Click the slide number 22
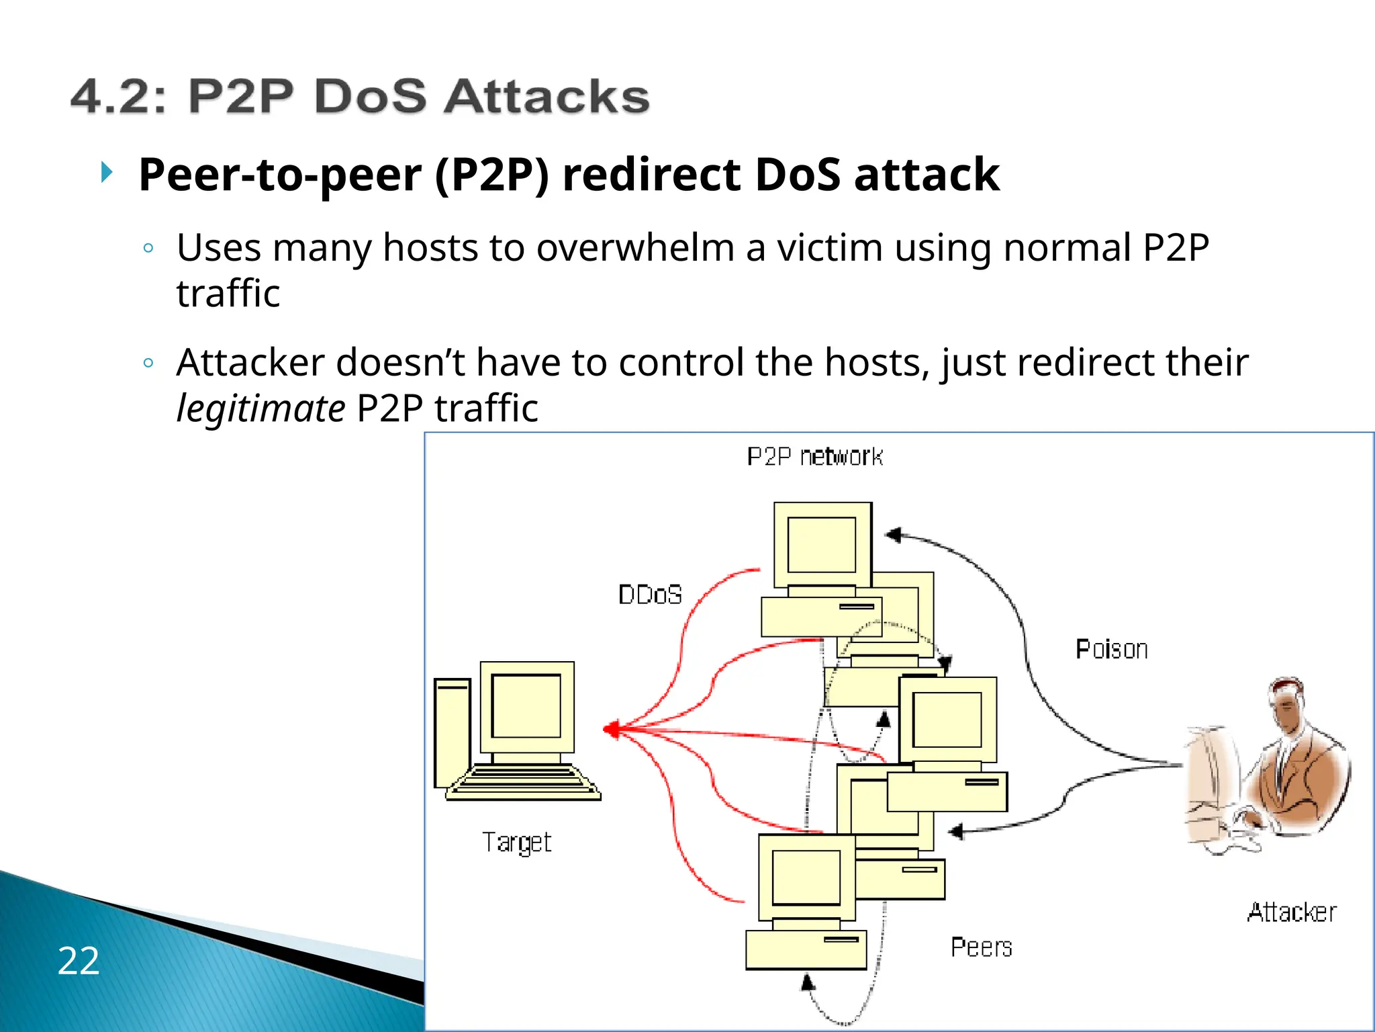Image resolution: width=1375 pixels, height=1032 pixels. point(79,960)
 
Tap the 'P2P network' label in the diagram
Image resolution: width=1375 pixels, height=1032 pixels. point(814,457)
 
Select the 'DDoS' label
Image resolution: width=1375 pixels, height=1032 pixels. point(650,595)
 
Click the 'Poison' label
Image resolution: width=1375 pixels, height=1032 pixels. point(1111,649)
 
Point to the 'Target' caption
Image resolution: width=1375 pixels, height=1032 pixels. point(516,843)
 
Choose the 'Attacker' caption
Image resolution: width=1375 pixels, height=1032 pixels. point(1291,912)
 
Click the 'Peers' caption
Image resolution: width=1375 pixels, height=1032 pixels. point(981,947)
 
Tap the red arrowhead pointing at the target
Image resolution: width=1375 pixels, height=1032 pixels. point(611,730)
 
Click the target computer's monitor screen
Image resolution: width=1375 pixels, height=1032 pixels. point(526,705)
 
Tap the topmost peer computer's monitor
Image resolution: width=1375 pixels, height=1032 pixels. point(822,544)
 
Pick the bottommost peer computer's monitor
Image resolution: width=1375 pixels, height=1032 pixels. point(806,877)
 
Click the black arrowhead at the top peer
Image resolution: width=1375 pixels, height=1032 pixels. point(894,535)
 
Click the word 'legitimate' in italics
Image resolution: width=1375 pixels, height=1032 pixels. point(260,408)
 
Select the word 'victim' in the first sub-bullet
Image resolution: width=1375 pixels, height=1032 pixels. point(830,247)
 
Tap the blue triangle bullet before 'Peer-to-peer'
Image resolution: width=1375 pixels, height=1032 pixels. point(106,172)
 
